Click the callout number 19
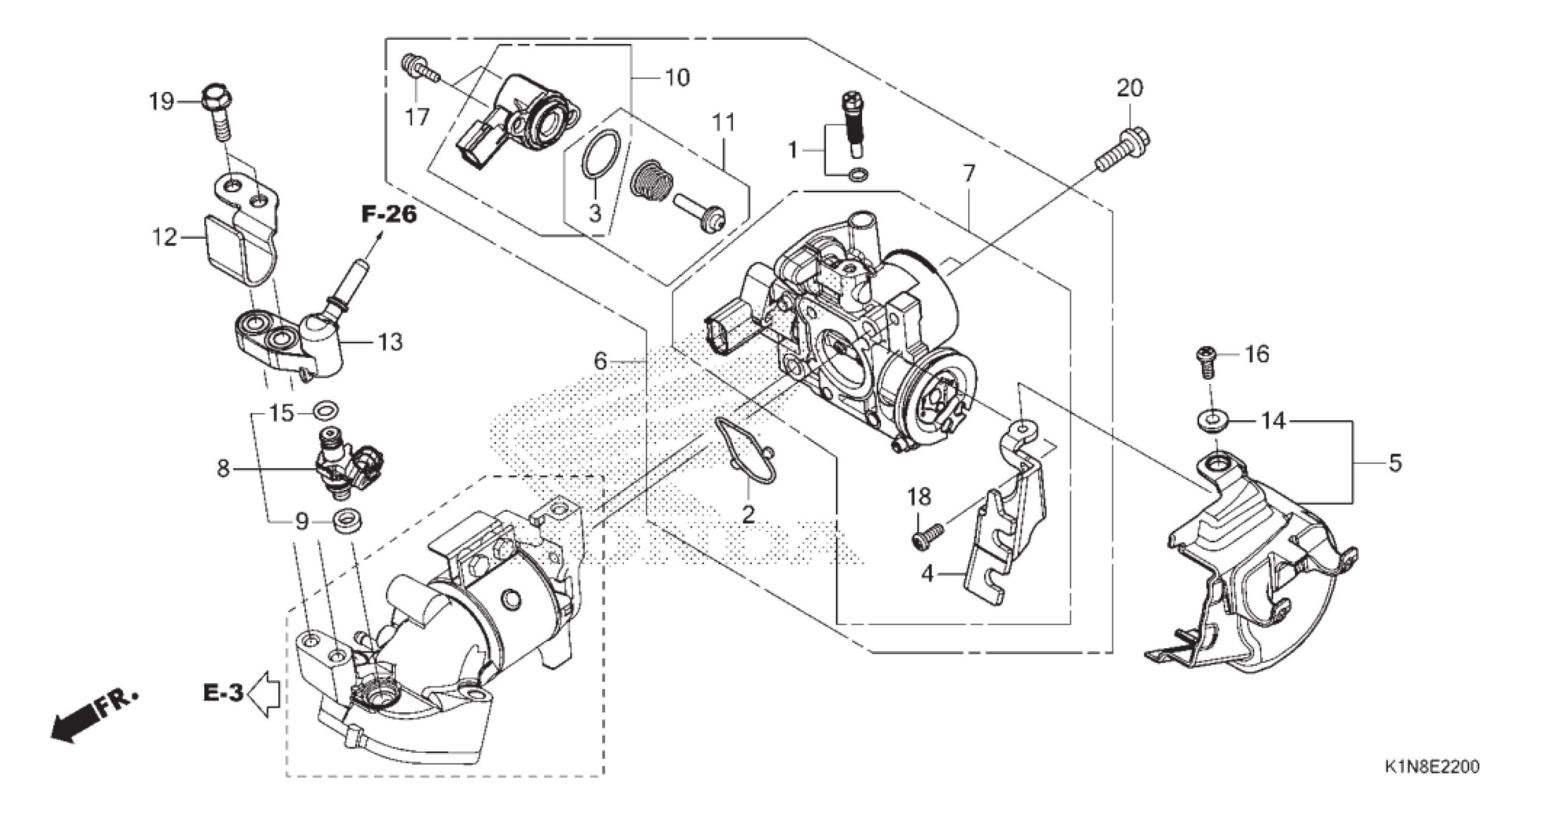[x=162, y=102]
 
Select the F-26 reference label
[x=390, y=214]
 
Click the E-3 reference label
[x=223, y=692]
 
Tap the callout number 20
[x=1130, y=88]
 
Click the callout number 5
[x=1395, y=463]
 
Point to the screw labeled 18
[x=928, y=536]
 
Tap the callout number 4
[x=927, y=574]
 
